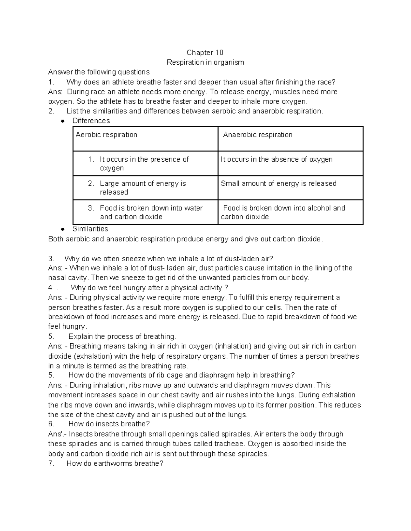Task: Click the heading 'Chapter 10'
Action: [x=205, y=53]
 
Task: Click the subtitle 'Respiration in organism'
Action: [x=205, y=62]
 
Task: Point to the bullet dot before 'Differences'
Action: [x=62, y=121]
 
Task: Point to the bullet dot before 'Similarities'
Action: [x=62, y=229]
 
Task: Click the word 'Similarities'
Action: [x=90, y=229]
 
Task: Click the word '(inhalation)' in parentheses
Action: [x=234, y=346]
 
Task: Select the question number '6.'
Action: [x=51, y=424]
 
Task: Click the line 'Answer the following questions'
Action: [x=99, y=72]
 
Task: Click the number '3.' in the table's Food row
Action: [x=91, y=208]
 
